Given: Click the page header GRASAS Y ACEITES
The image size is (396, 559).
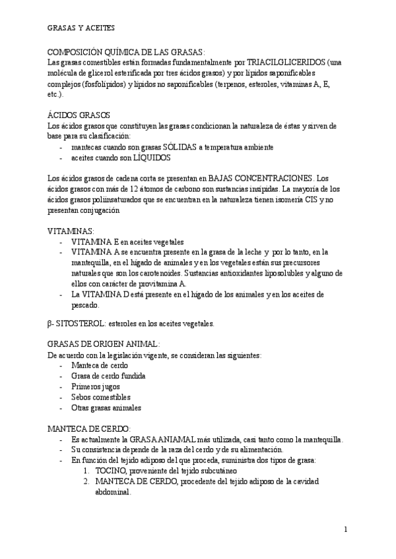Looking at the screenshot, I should (81, 28).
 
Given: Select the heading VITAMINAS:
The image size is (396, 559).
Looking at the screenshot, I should (71, 231).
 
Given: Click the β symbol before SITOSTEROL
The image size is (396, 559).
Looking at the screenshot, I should (51, 324).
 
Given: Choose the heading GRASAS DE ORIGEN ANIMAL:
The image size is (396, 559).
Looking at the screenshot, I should (104, 343).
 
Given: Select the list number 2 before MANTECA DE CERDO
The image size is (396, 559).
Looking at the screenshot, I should (86, 482).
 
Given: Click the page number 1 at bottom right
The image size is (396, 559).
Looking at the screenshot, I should (345, 529).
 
